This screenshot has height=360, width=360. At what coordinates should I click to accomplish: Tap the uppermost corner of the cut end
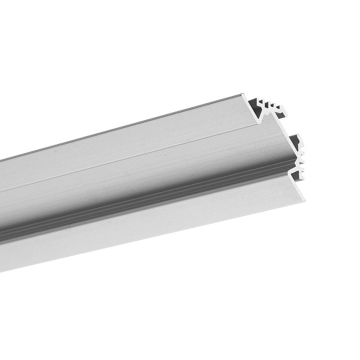(243, 94)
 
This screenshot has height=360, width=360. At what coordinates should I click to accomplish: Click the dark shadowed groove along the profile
(150, 205)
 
